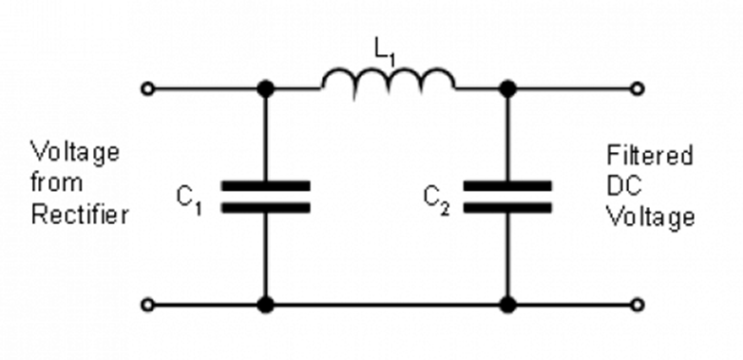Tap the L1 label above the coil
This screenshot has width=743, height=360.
pyautogui.click(x=384, y=52)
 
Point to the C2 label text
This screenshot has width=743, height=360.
pyautogui.click(x=436, y=200)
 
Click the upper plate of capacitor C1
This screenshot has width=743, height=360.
pyautogui.click(x=266, y=185)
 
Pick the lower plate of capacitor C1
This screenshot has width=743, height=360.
pyautogui.click(x=266, y=207)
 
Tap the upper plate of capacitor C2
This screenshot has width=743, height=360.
pyautogui.click(x=507, y=185)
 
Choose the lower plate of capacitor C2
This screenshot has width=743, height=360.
pyautogui.click(x=507, y=207)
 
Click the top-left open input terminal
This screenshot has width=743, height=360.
pyautogui.click(x=148, y=88)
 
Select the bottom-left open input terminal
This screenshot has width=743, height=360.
pyautogui.click(x=148, y=305)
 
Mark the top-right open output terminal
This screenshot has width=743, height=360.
pyautogui.click(x=638, y=88)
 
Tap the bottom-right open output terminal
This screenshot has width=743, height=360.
pyautogui.click(x=638, y=305)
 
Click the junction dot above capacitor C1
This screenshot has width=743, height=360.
pyautogui.click(x=265, y=88)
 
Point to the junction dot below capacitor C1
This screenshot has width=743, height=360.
pyautogui.click(x=265, y=305)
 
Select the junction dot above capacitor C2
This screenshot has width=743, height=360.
pyautogui.click(x=508, y=88)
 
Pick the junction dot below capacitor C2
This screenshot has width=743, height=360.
pyautogui.click(x=508, y=305)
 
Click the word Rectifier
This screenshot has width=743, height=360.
pyautogui.click(x=80, y=215)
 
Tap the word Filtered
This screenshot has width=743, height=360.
pyautogui.click(x=650, y=155)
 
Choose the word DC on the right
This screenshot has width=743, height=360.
pyautogui.click(x=624, y=185)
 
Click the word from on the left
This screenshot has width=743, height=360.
pyautogui.click(x=57, y=181)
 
